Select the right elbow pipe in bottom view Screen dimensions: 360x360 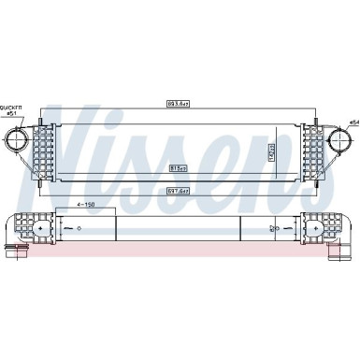tap(342, 234)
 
